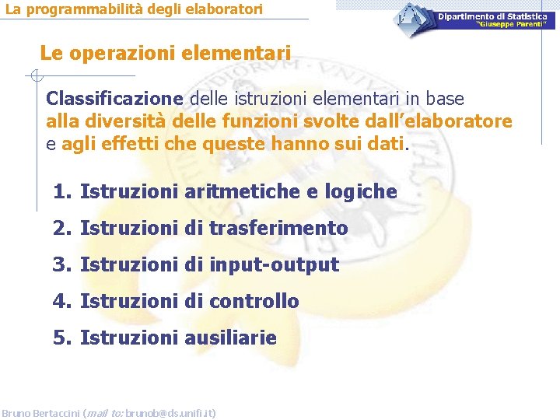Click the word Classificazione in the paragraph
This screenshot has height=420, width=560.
tap(114, 100)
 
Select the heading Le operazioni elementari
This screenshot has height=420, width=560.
tap(166, 54)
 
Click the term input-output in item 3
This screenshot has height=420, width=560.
tap(274, 265)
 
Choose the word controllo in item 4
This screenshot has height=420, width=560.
tap(254, 302)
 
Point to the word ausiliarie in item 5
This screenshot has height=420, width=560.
tap(230, 338)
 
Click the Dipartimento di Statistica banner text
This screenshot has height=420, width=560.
tap(492, 16)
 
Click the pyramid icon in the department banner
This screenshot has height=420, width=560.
tap(411, 15)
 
